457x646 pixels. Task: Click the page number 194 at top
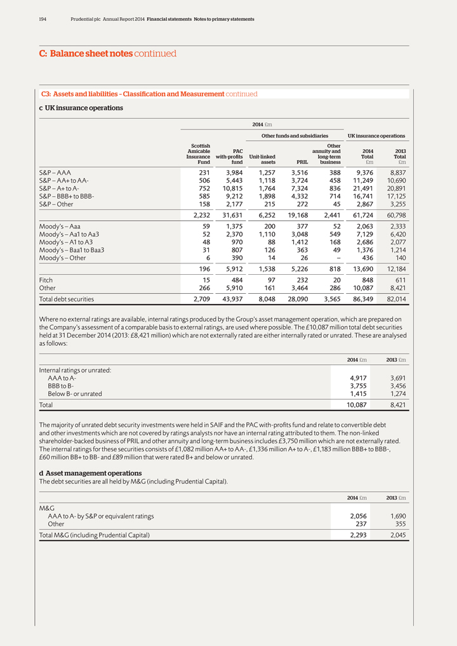click(x=43, y=20)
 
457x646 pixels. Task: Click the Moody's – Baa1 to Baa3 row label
click(x=72, y=250)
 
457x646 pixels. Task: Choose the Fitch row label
click(x=46, y=280)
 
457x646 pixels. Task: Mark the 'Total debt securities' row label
click(x=67, y=299)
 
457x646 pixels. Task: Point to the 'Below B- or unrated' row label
click(x=79, y=393)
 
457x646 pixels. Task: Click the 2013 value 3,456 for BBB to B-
click(x=396, y=386)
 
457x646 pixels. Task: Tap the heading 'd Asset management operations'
click(x=90, y=473)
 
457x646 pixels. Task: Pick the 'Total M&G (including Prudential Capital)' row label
click(x=95, y=535)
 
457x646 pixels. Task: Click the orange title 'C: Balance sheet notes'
click(x=82, y=54)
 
